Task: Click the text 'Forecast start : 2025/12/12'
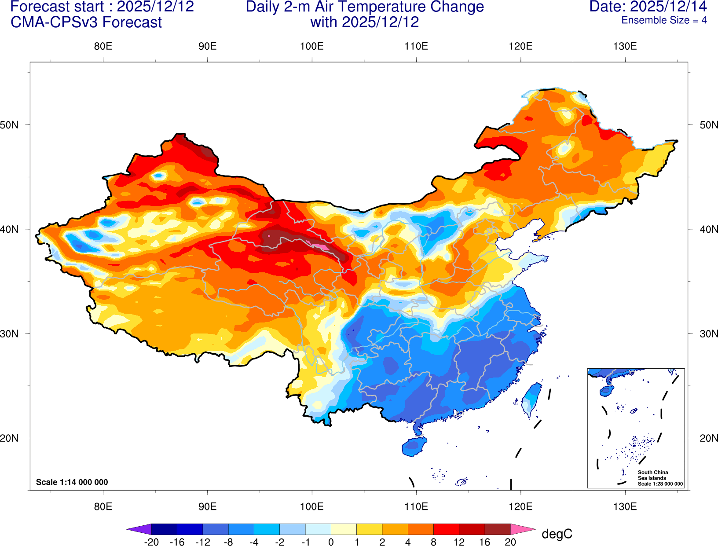click(102, 7)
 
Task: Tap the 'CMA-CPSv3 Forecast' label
click(86, 22)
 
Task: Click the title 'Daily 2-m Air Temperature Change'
click(365, 7)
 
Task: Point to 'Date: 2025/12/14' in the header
click(648, 7)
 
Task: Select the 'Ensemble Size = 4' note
click(664, 20)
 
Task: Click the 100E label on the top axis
click(311, 46)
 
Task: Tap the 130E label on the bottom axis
click(625, 506)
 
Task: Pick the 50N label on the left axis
click(10, 125)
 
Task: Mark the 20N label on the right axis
click(708, 438)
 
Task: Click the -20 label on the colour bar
click(151, 542)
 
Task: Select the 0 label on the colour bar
click(331, 542)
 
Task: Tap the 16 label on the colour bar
click(484, 542)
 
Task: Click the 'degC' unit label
click(557, 534)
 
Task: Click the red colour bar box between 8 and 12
click(446, 529)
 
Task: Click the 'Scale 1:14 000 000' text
click(72, 482)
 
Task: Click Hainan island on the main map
click(414, 447)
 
